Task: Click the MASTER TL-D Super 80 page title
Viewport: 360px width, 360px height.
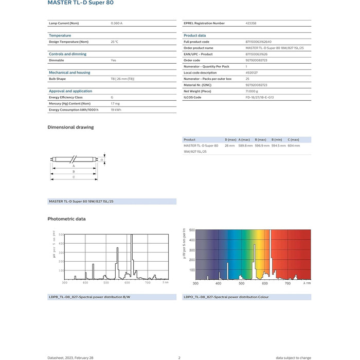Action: [81, 3]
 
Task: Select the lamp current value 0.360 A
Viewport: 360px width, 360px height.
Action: [117, 23]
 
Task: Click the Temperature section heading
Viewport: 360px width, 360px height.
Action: [60, 35]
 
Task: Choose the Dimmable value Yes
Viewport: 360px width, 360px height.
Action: [114, 60]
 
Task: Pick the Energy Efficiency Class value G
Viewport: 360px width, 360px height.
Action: [112, 97]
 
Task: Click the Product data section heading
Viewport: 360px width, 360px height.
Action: [195, 35]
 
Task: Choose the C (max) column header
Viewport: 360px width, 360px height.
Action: [294, 139]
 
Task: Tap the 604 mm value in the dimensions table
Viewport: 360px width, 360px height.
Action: [294, 146]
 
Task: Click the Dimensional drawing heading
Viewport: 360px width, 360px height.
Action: [70, 127]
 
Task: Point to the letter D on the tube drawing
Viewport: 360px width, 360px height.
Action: [101, 160]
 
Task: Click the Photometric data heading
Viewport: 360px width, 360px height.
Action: [66, 219]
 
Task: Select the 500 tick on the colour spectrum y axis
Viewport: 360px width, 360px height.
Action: [192, 230]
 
